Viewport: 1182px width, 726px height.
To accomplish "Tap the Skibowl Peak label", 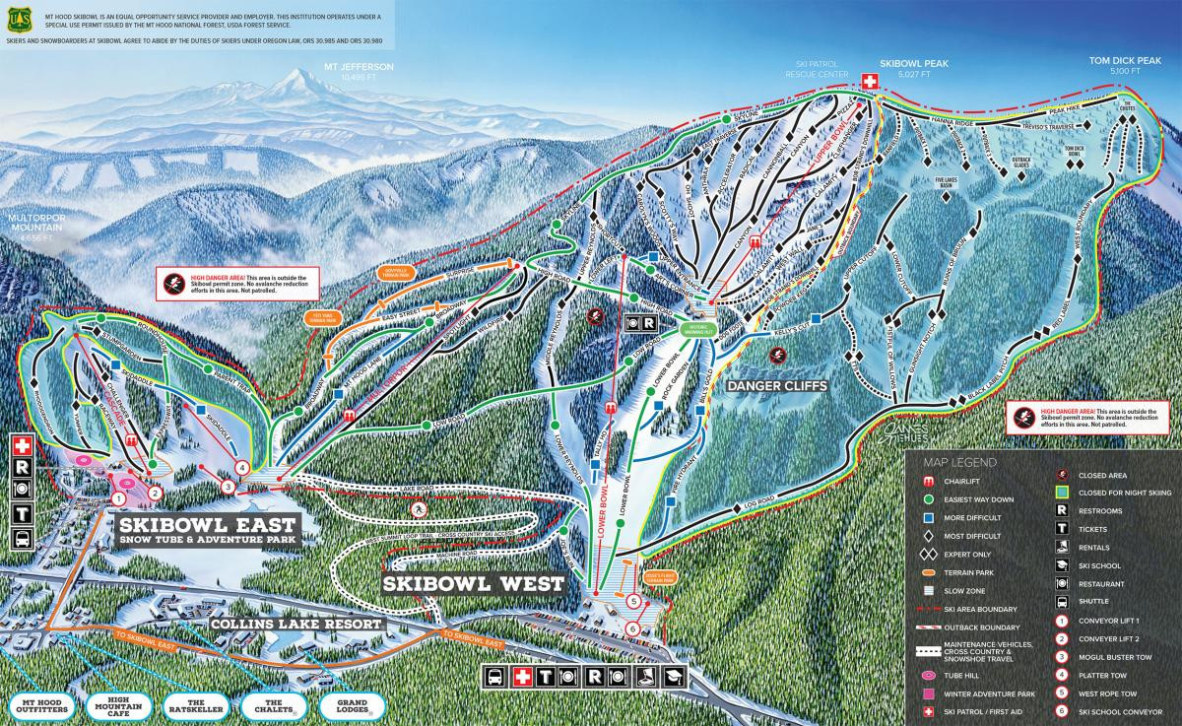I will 914,64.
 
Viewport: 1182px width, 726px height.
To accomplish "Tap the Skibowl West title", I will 474,584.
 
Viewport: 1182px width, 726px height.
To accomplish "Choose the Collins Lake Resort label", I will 296,625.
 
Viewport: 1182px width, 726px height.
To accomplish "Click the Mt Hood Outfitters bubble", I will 37,705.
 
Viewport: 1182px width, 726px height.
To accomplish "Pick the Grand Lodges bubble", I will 352,705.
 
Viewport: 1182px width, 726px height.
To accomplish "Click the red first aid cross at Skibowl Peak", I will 870,82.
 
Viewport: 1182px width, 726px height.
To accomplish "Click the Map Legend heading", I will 959,461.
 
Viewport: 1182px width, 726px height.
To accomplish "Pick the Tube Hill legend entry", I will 962,676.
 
